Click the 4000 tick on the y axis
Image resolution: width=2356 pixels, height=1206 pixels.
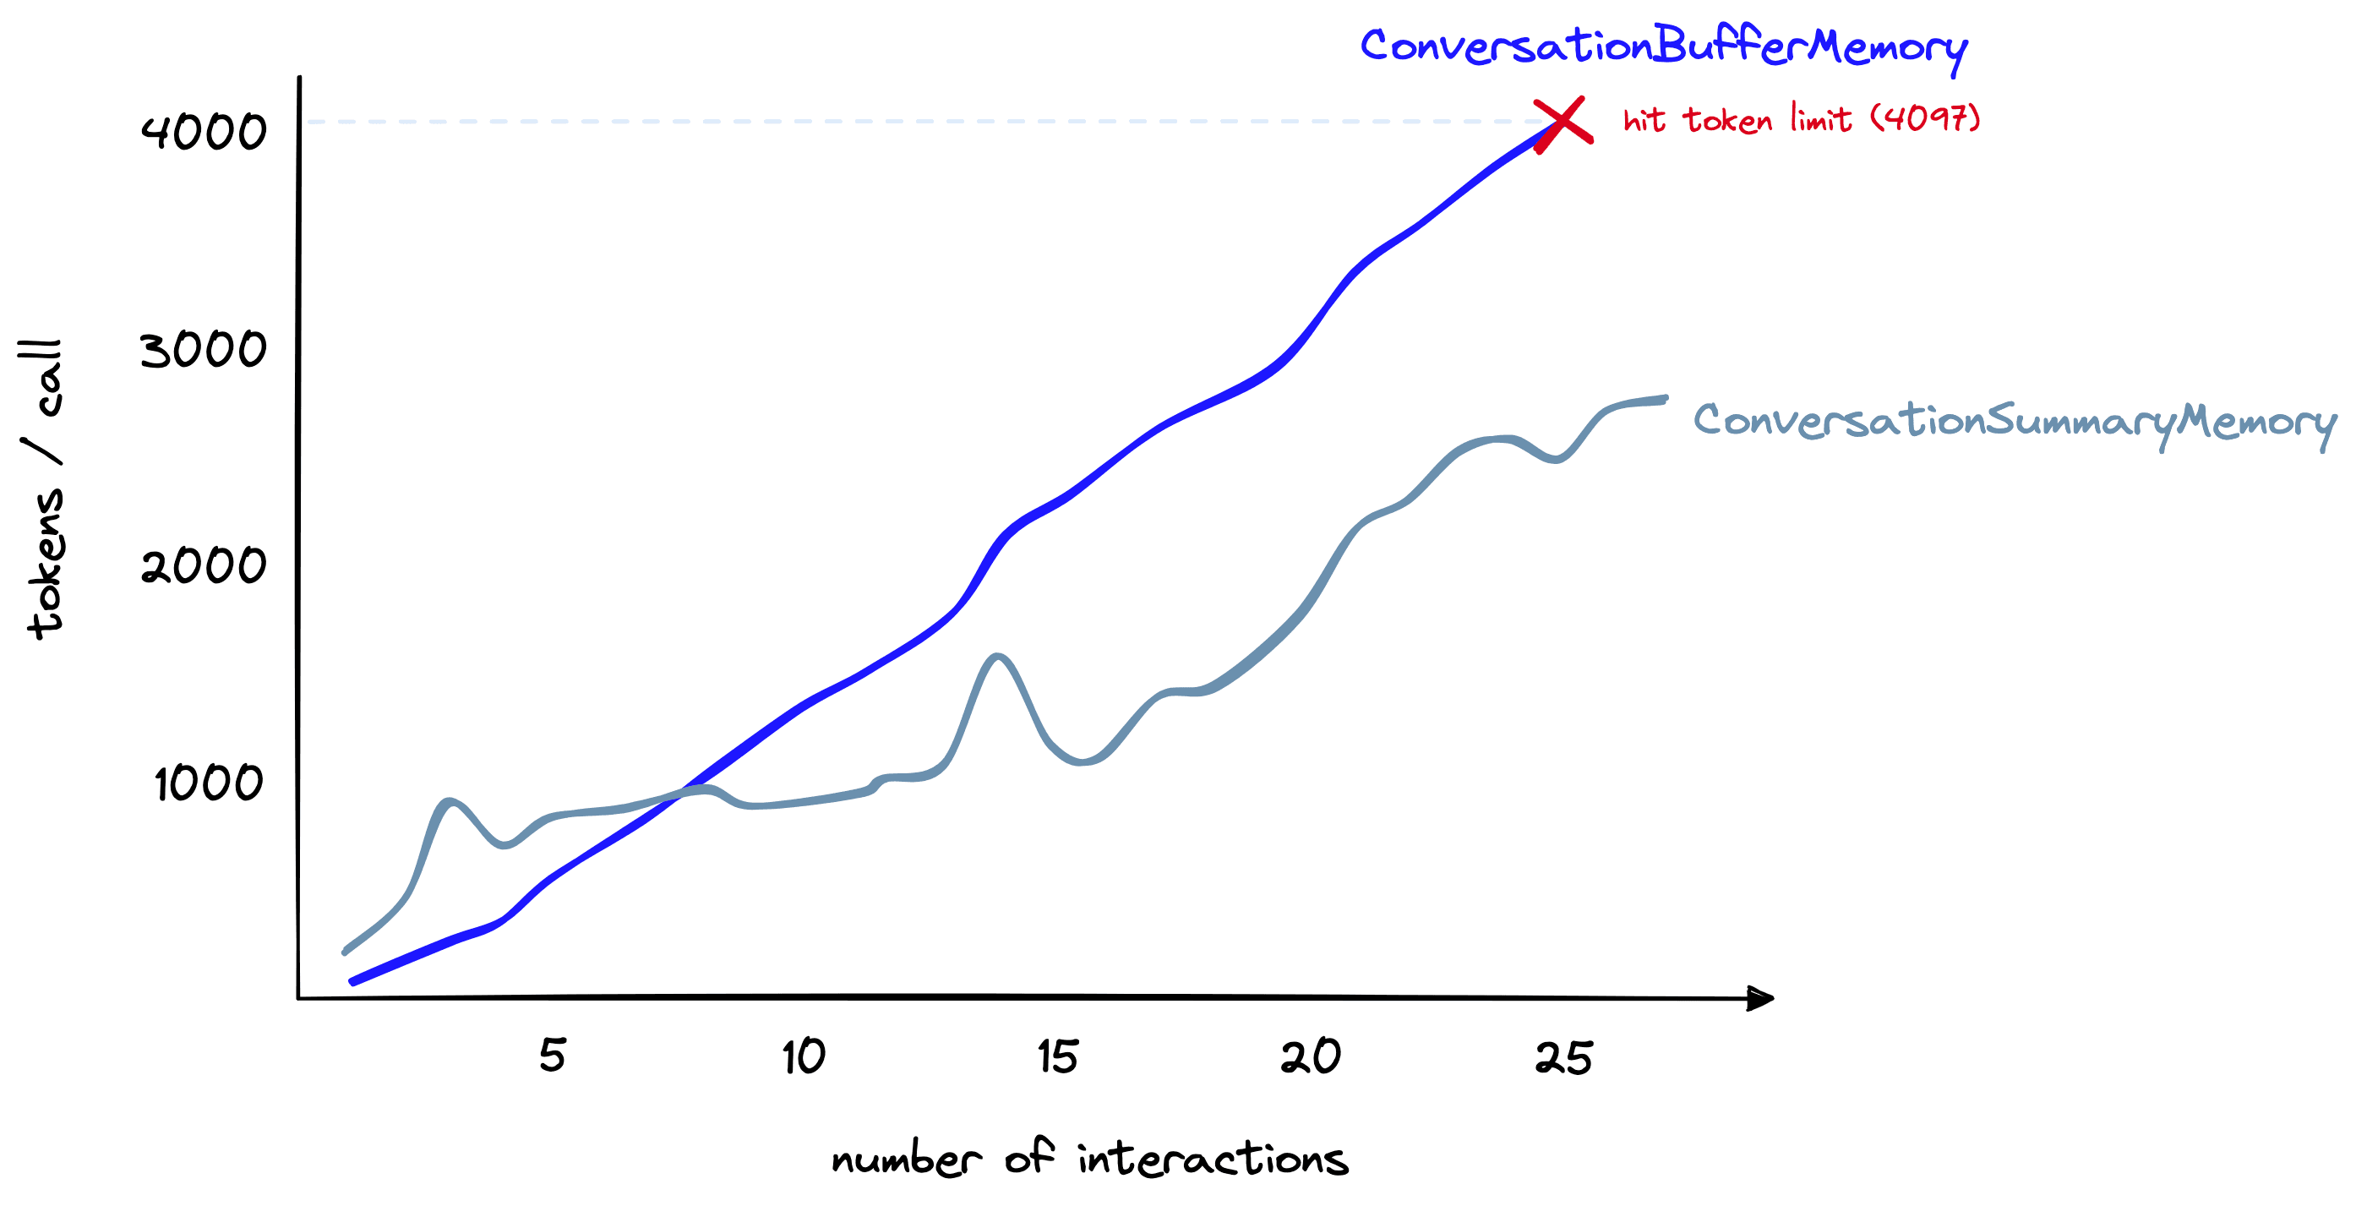pos(203,132)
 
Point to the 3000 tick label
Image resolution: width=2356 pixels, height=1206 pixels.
pos(203,350)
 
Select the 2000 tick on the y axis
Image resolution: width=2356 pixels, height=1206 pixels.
pos(203,565)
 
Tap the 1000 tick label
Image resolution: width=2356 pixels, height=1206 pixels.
pos(209,783)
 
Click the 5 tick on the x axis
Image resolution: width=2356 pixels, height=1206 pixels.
pos(553,1055)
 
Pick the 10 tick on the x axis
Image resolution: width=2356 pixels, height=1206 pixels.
pos(804,1057)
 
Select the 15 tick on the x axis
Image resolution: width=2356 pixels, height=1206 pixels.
pos(1058,1057)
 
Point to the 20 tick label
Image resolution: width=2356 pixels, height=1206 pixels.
pos(1311,1057)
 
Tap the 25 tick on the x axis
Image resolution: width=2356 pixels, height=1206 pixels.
pos(1564,1059)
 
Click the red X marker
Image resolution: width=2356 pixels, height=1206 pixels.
pos(1562,123)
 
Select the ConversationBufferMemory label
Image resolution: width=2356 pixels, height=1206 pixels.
pos(1663,46)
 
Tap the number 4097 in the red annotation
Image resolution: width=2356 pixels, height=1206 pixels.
pos(1925,118)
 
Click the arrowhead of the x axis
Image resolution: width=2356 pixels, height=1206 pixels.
pos(1759,997)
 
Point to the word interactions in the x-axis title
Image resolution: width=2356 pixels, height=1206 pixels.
pos(1213,1159)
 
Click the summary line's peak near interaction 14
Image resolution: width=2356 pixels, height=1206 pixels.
pos(997,656)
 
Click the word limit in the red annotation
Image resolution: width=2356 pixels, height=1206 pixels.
pos(1820,119)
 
